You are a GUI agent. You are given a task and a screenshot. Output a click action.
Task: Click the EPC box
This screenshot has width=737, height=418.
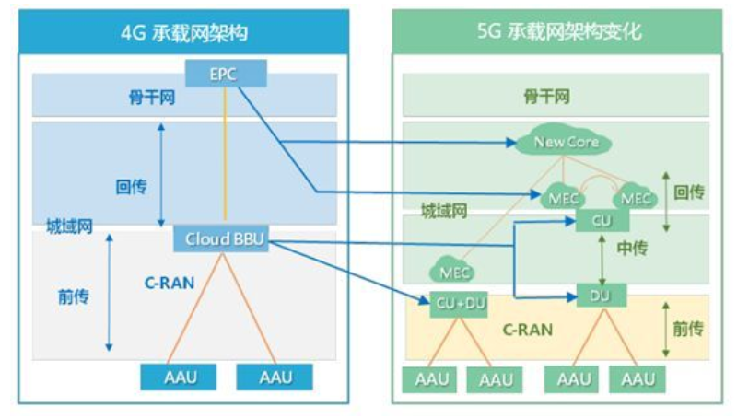point(224,74)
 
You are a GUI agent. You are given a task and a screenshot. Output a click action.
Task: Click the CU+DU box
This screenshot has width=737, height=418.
point(459,304)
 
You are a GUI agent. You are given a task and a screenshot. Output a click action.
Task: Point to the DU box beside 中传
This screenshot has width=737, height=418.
point(602,296)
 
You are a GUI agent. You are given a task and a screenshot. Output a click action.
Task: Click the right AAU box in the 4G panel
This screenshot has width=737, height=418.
point(275,377)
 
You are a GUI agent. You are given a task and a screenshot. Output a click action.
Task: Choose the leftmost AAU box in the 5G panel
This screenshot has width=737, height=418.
point(430,378)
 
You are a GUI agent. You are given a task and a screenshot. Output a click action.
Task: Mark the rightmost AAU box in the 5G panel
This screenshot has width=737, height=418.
point(637,378)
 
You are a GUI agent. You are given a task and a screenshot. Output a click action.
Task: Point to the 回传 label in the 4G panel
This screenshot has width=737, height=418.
point(131,185)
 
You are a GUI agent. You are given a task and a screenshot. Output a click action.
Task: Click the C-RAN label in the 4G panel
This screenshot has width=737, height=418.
point(170,283)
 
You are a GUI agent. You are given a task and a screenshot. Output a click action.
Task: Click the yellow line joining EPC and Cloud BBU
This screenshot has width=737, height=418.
point(224,157)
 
